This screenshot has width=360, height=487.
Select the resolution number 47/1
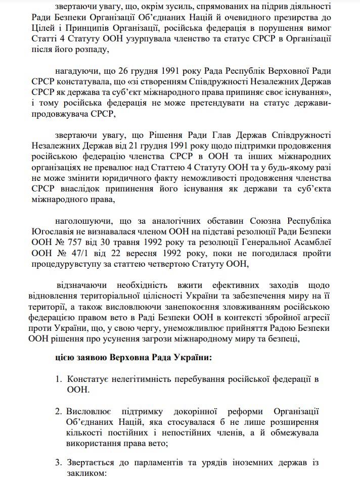[x=79, y=253]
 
